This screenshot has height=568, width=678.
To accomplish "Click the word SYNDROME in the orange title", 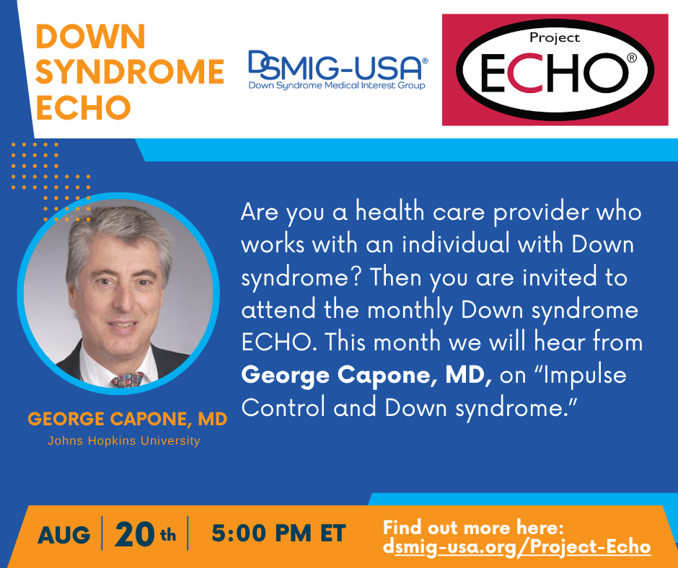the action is [x=130, y=72].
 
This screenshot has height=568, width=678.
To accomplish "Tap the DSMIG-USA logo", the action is [x=338, y=70].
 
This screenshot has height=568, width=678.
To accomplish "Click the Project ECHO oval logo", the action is [x=555, y=70].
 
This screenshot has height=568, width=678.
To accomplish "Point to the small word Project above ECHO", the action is [x=555, y=38].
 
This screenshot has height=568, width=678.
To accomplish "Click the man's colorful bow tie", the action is [x=127, y=380].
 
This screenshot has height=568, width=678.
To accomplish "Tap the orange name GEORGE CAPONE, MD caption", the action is [x=128, y=419].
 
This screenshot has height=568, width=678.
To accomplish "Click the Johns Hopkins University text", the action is [x=124, y=441].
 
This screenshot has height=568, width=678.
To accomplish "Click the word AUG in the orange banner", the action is [x=64, y=535].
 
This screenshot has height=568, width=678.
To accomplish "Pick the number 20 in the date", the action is [x=134, y=534].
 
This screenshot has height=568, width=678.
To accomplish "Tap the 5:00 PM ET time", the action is [x=279, y=533].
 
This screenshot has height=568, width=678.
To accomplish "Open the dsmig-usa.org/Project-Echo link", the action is [x=516, y=547].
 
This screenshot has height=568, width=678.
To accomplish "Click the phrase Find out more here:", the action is [x=473, y=528].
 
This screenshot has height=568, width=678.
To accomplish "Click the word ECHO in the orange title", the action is [x=83, y=107].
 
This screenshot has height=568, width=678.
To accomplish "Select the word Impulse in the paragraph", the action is [x=585, y=376].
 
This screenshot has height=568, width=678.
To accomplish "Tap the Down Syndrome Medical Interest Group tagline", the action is [x=337, y=86].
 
